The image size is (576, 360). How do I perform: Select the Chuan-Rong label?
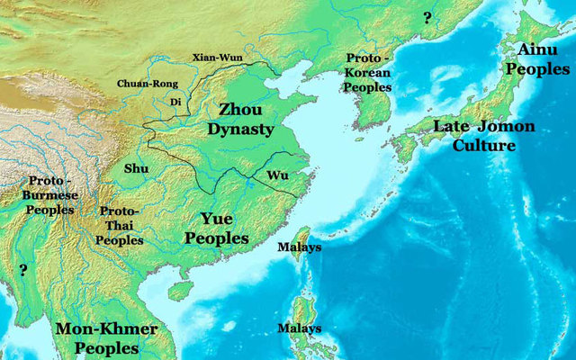coord(143,84)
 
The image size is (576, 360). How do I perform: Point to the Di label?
coord(175,102)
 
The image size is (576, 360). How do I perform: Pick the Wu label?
coord(277,175)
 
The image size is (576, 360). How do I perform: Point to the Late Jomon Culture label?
coord(484,136)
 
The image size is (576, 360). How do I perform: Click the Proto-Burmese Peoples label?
coord(50,194)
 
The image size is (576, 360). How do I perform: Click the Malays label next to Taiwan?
coord(301,247)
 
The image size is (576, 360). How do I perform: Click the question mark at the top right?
coord(428,18)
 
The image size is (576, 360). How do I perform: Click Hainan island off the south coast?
coord(180,290)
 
